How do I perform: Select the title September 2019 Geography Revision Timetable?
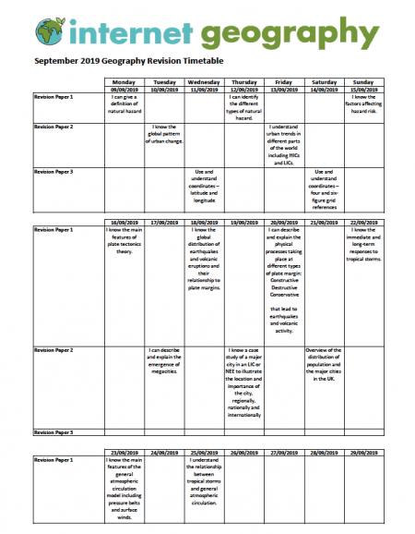coord(129,62)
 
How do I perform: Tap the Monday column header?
coord(125,81)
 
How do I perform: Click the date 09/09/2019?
coord(125,89)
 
